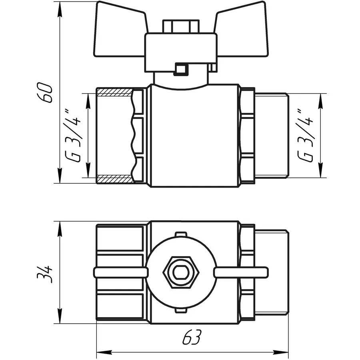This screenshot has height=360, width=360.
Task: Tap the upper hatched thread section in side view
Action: pos(114,93)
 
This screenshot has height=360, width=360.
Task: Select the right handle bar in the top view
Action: pos(241,273)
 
